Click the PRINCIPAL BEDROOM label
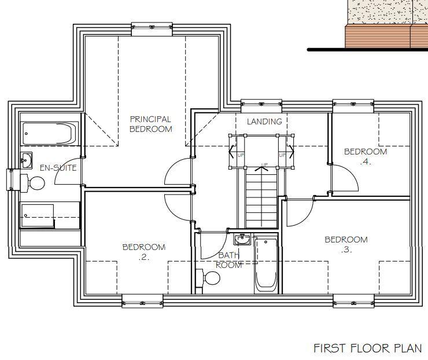click(x=151, y=124)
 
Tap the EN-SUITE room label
click(x=58, y=167)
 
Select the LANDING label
click(x=264, y=122)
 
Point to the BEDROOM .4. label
click(x=366, y=156)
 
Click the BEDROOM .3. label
click(x=346, y=244)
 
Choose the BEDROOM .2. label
click(x=144, y=252)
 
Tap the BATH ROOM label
click(x=228, y=260)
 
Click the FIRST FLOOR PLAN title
click(x=368, y=348)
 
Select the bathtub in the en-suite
click(x=49, y=134)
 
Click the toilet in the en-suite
click(x=33, y=183)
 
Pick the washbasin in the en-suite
click(x=26, y=160)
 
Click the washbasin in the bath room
click(x=242, y=240)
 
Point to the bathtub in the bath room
click(x=266, y=265)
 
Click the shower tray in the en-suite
click(x=38, y=215)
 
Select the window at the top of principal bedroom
click(x=152, y=28)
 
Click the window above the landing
click(x=261, y=106)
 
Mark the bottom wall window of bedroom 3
click(x=353, y=301)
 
